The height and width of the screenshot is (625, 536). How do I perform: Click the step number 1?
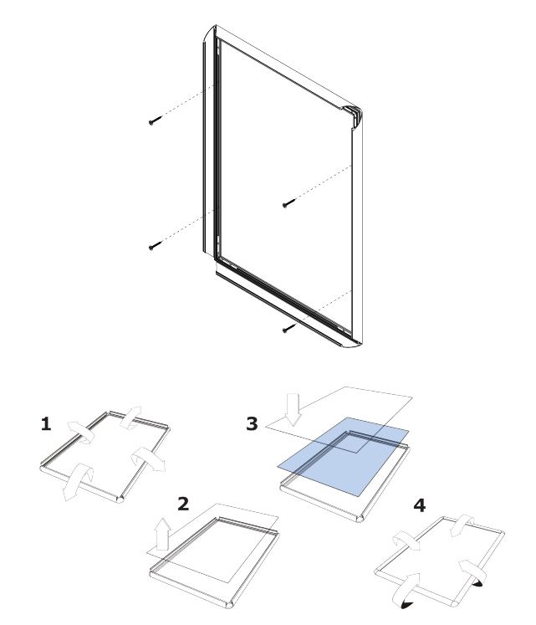[x=46, y=423]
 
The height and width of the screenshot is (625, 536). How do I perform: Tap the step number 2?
[x=183, y=504]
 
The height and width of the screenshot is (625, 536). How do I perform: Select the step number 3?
[x=252, y=423]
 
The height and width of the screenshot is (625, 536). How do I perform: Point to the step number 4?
[x=419, y=505]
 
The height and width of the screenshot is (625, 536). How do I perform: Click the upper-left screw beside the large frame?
[x=155, y=120]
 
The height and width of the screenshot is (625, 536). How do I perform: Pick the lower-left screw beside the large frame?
[x=155, y=245]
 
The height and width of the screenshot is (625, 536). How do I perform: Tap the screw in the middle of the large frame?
[x=288, y=203]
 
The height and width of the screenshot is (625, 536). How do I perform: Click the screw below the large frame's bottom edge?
[x=288, y=328]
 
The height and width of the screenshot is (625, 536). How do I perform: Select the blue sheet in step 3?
[x=343, y=456]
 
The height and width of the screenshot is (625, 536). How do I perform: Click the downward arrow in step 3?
[x=294, y=409]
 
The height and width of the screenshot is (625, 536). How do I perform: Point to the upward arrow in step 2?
[x=162, y=534]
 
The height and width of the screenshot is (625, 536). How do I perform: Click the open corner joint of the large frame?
[x=353, y=115]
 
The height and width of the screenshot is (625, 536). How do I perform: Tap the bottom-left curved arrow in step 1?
[x=78, y=481]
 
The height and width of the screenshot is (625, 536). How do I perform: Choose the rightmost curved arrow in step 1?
[x=148, y=459]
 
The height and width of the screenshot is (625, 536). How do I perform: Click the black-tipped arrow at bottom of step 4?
[x=407, y=592]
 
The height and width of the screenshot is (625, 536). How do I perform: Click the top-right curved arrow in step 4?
[x=462, y=525]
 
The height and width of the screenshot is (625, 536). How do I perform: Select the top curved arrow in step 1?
[x=130, y=418]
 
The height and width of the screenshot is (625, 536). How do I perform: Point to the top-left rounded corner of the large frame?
[x=210, y=33]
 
